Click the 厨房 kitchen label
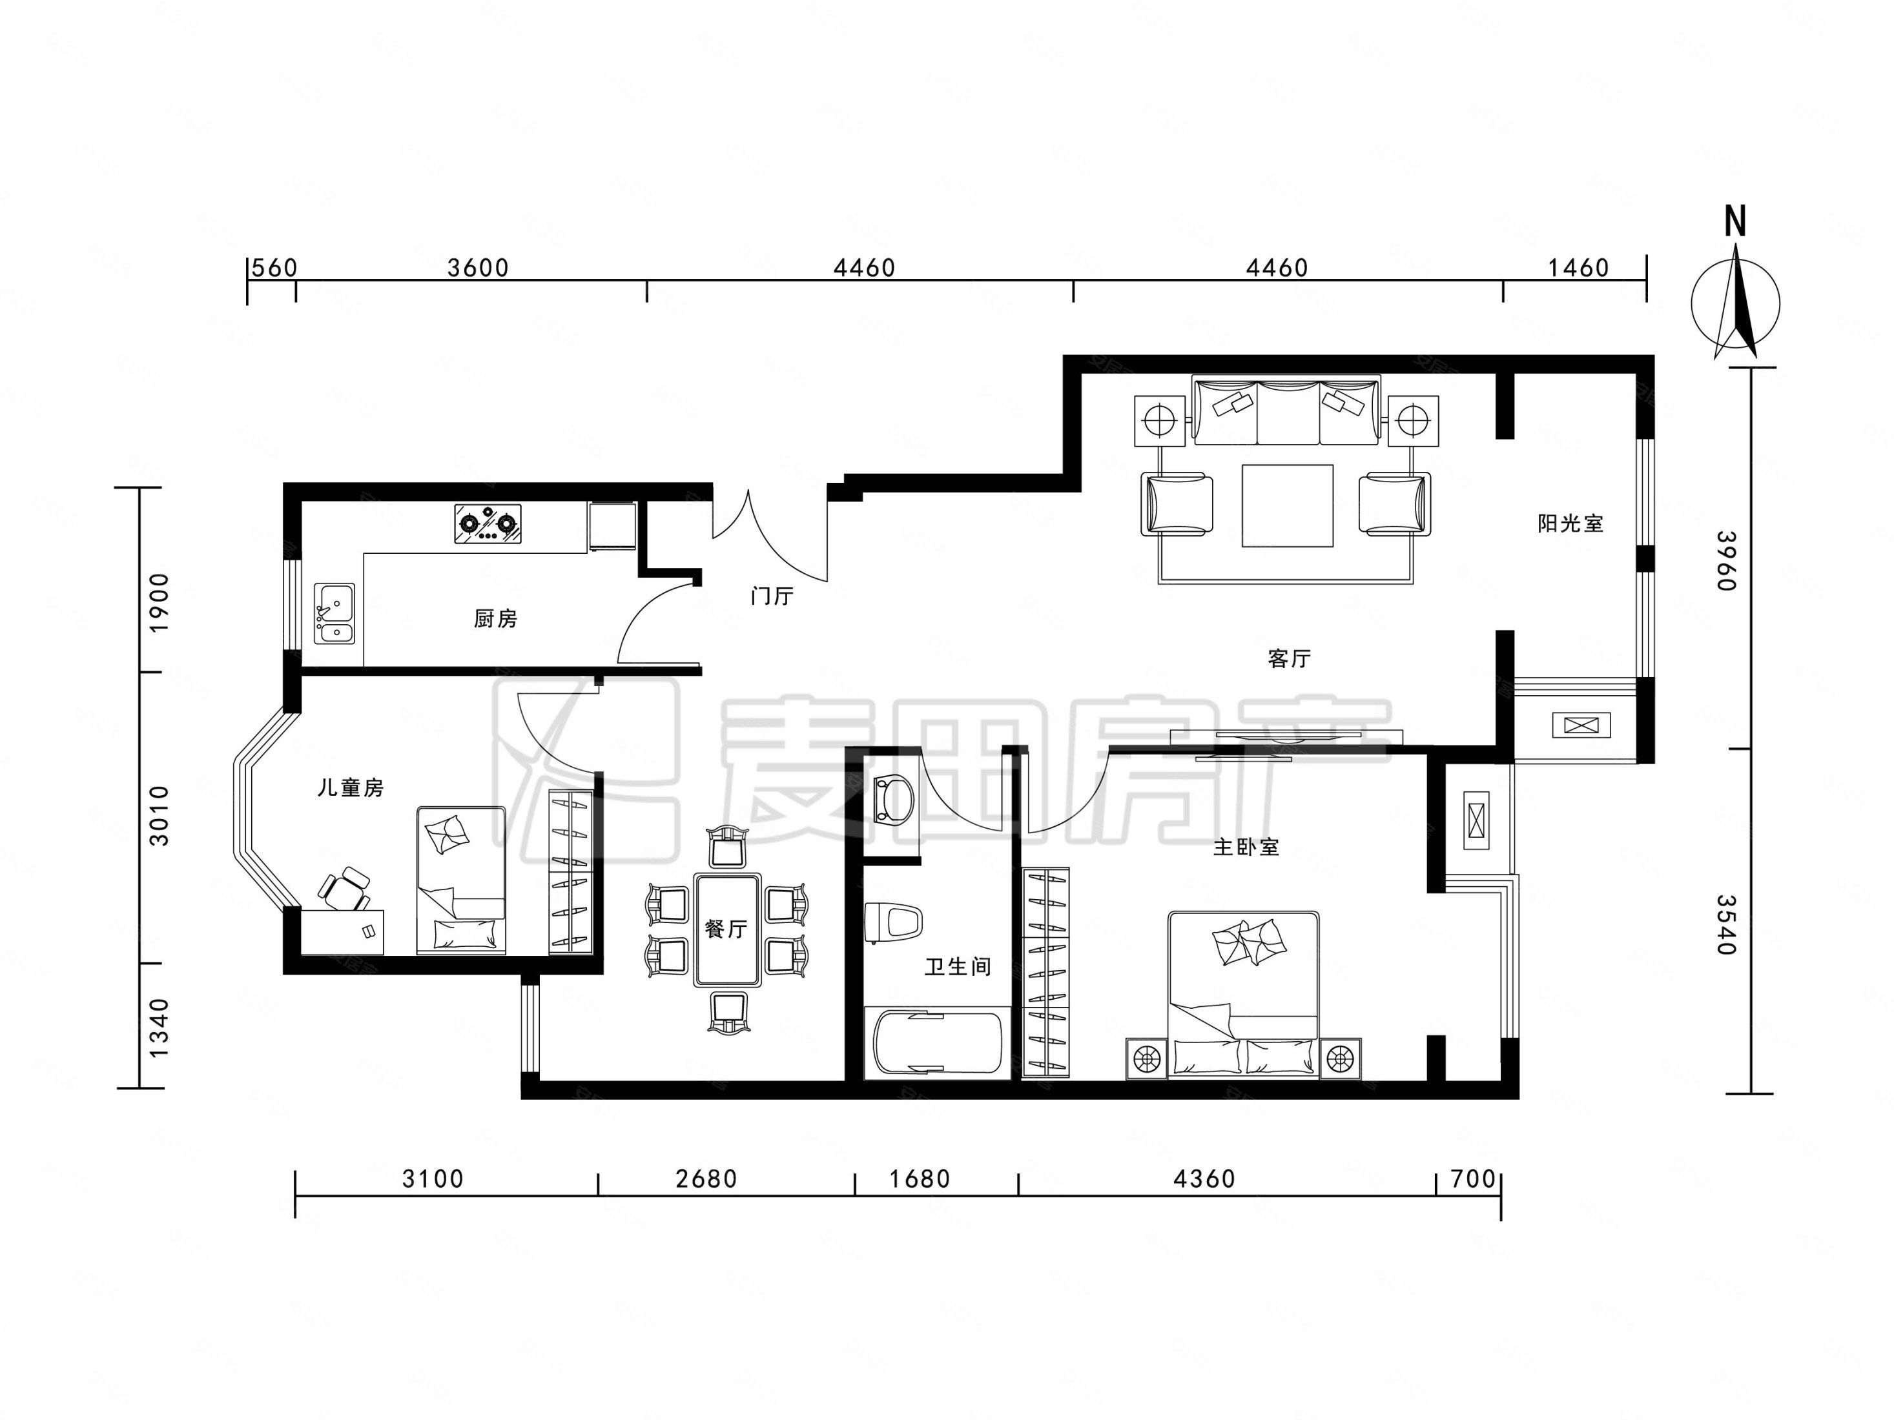(496, 618)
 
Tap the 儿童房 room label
(350, 787)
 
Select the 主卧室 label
(1246, 847)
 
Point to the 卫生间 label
(957, 967)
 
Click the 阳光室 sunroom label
(1570, 523)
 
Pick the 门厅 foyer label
(772, 596)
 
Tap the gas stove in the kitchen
(487, 523)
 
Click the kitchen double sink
(334, 613)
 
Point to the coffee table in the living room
(1288, 505)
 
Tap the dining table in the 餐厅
(728, 929)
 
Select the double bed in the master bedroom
(1243, 993)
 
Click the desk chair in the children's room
(345, 888)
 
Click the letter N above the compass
(1734, 223)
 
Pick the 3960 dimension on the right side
(1726, 561)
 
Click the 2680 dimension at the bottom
(706, 1179)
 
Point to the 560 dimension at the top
(274, 268)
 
